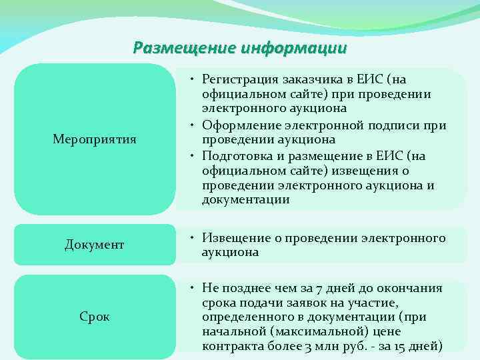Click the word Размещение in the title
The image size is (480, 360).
tap(175, 48)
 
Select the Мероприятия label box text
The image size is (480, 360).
tap(95, 139)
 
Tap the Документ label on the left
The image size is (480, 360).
tap(95, 245)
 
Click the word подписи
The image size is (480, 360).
tap(397, 125)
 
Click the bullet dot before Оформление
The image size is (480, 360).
tap(191, 125)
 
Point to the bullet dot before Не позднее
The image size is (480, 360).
tap(191, 288)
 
